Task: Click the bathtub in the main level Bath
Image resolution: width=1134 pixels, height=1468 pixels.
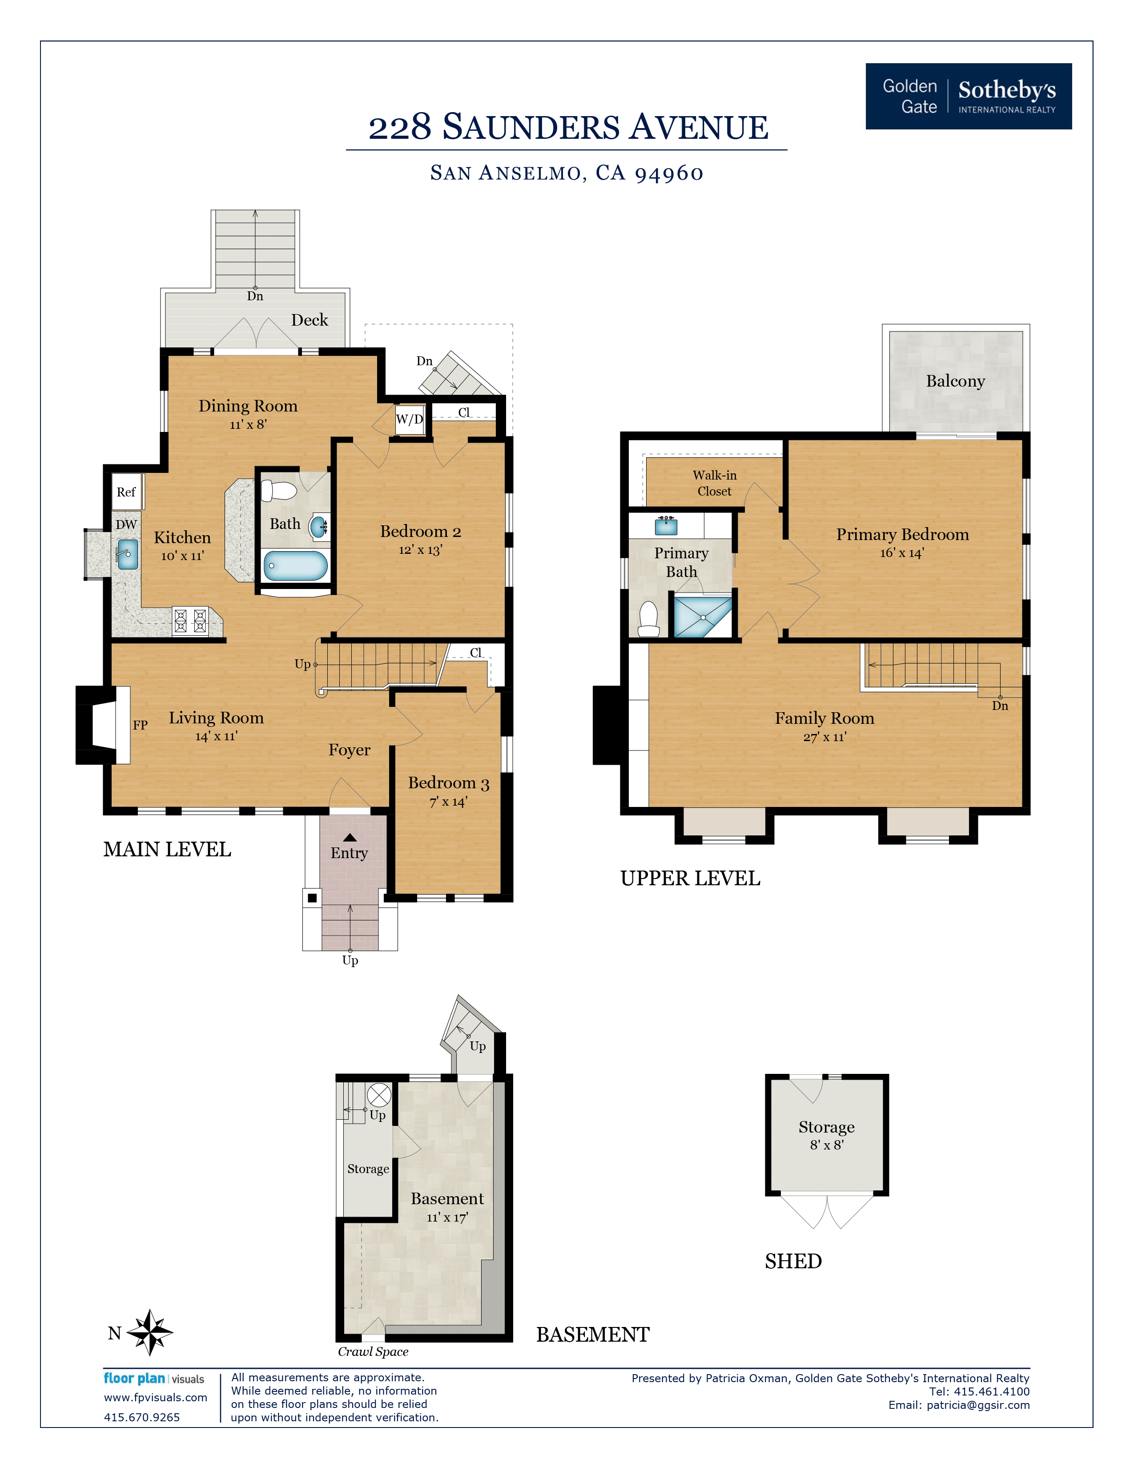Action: click(296, 565)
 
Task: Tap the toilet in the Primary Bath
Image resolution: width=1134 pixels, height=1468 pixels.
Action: click(648, 619)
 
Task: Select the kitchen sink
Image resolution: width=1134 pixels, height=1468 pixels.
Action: click(128, 555)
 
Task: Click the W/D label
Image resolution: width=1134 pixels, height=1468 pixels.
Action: click(409, 419)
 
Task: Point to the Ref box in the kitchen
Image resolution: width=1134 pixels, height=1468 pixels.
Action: click(126, 492)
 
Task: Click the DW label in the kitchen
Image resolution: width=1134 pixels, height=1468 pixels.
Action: click(126, 524)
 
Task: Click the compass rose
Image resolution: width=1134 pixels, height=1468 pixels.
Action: click(150, 1332)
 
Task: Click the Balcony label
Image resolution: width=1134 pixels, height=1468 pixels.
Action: click(955, 381)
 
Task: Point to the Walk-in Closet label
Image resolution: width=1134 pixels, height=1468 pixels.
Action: click(714, 483)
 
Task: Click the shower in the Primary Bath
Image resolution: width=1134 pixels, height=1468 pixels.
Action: click(702, 617)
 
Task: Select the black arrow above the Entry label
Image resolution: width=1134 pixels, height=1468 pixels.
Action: click(350, 838)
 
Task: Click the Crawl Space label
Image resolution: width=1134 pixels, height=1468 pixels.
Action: click(373, 1352)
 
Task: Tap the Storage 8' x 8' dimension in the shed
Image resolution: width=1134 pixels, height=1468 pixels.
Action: click(826, 1145)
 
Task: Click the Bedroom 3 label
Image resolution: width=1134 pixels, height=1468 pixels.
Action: click(448, 783)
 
